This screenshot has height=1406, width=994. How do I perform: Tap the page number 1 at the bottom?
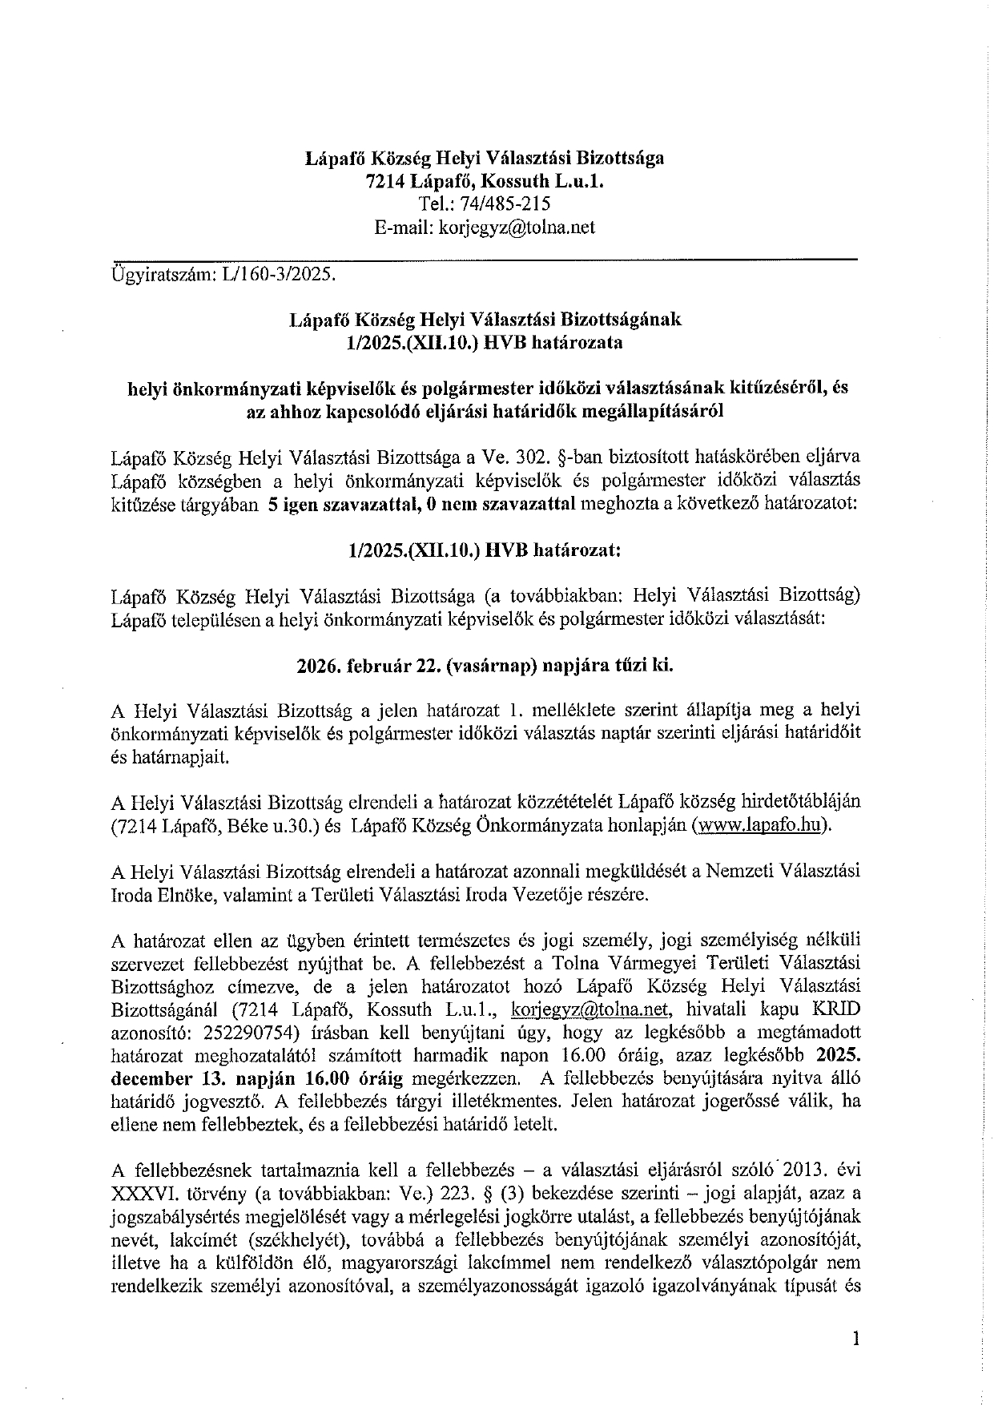click(856, 1338)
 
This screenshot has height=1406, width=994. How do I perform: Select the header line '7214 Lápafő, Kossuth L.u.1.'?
click(485, 182)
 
